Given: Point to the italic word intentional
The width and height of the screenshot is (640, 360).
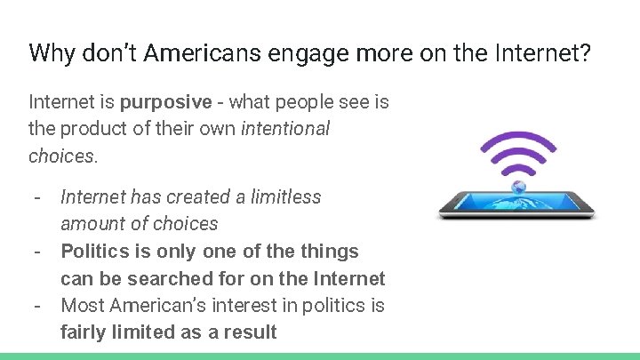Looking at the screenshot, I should pyautogui.click(x=285, y=129).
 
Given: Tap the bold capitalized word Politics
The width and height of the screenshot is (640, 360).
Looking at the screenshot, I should pyautogui.click(x=96, y=252).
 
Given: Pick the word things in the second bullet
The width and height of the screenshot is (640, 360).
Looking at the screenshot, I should pyautogui.click(x=329, y=252).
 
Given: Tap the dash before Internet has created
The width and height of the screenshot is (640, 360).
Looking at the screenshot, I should pyautogui.click(x=38, y=196).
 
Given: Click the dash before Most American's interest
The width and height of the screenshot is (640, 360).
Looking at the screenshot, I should pyautogui.click(x=38, y=306).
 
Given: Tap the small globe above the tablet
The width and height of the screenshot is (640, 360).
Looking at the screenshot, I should pyautogui.click(x=519, y=187).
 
